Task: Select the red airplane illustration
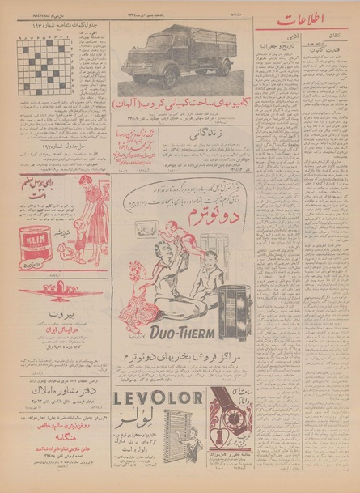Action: click(x=53, y=290)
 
